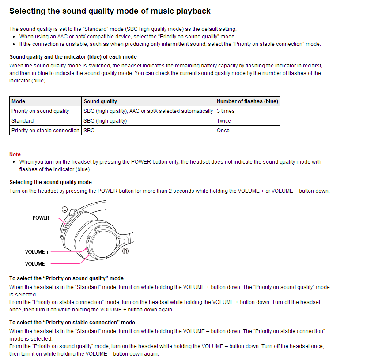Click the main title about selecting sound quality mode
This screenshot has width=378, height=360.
click(110, 11)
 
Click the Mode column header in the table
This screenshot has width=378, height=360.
click(19, 101)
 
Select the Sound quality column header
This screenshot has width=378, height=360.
click(100, 101)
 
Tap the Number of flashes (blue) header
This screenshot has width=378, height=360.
click(247, 101)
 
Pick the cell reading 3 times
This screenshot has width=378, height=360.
click(226, 111)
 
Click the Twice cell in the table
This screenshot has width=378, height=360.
click(224, 121)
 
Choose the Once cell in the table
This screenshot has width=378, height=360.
click(223, 131)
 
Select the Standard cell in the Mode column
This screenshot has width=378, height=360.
click(23, 121)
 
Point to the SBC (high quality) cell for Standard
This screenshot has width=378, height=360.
click(105, 121)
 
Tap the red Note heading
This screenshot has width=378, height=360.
click(15, 154)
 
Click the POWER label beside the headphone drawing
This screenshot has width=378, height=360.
click(41, 218)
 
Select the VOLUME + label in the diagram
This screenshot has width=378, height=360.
click(37, 252)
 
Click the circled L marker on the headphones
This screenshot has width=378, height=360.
click(64, 210)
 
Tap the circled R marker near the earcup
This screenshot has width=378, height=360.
click(125, 251)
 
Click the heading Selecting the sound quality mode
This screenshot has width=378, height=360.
click(51, 182)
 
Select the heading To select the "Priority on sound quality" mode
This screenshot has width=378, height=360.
click(66, 279)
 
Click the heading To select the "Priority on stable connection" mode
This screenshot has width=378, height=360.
click(72, 322)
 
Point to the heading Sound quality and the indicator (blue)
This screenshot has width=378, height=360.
click(73, 57)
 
